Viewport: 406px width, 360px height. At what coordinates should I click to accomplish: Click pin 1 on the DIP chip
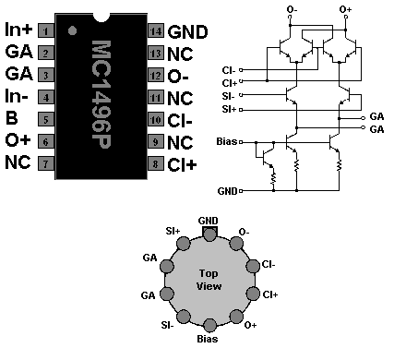coord(46,30)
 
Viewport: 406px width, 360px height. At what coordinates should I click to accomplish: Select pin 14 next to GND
coord(156,30)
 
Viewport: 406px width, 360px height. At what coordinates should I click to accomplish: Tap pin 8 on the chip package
coord(156,163)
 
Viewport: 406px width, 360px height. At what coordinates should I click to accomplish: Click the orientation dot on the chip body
coord(72,30)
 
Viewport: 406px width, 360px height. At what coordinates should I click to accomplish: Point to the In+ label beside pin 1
coord(18,30)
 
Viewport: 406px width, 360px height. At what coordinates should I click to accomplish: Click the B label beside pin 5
coord(11,118)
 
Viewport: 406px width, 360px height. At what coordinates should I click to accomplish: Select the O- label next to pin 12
coord(178,76)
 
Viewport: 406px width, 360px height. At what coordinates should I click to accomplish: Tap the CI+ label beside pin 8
coord(182,164)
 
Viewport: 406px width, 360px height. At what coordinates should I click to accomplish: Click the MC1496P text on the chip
coord(101,94)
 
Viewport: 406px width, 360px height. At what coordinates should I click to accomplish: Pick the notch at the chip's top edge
coord(101,18)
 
